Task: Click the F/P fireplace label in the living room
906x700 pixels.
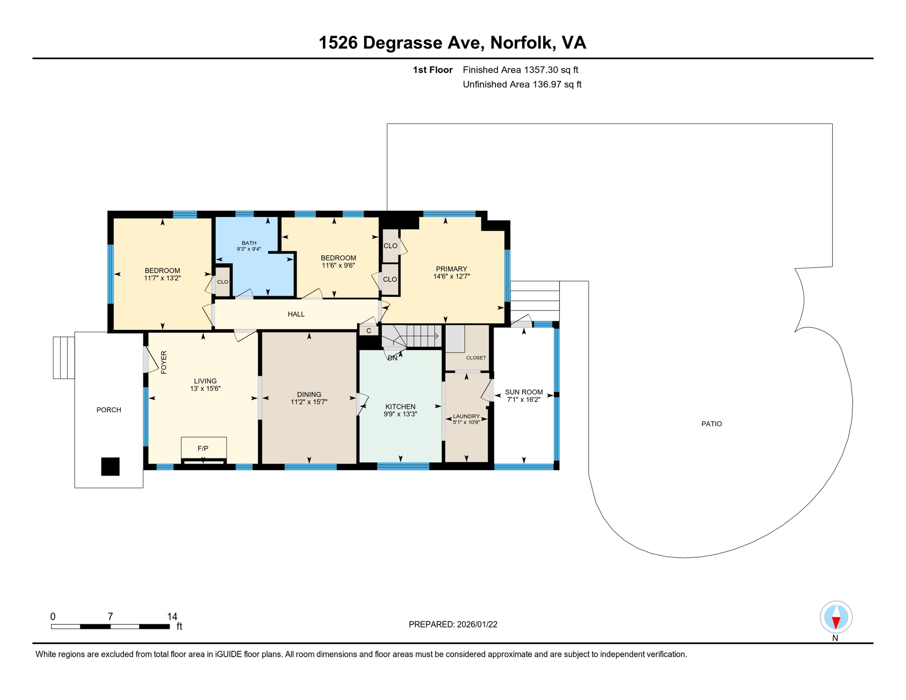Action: pos(203,448)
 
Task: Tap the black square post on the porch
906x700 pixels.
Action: pos(110,466)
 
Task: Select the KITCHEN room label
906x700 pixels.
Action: pos(400,407)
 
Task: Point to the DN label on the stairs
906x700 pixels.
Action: pos(392,358)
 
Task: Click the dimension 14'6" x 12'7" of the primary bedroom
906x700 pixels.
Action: pos(451,276)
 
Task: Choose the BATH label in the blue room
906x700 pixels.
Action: pos(249,243)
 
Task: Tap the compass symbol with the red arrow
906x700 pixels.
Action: pos(836,617)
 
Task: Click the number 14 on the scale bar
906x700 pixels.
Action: pos(172,616)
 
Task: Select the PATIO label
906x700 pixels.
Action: pos(711,424)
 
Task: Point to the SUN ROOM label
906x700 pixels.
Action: pos(524,392)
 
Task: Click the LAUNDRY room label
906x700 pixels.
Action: pos(466,416)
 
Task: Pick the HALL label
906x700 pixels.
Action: pos(296,314)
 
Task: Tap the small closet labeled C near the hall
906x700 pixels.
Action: pos(369,331)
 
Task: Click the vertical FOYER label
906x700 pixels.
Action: pos(164,362)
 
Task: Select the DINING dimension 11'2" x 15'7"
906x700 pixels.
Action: pos(309,402)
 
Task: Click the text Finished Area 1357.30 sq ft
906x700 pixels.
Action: pos(520,70)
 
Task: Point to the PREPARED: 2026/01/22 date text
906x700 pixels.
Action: pos(453,624)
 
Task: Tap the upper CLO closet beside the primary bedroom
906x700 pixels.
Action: pos(390,246)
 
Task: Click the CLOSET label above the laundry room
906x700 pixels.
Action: pos(476,358)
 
